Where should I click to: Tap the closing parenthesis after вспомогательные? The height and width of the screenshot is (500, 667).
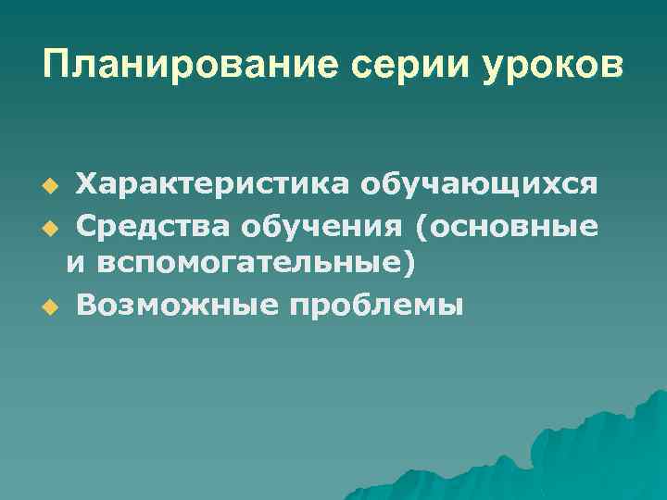pyautogui.click(x=409, y=265)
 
